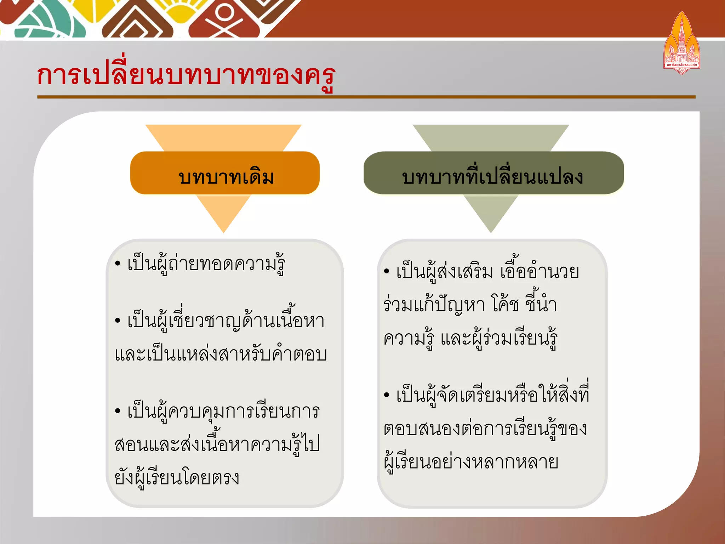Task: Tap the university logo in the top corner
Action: tap(681, 44)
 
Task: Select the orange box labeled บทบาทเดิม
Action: tap(225, 173)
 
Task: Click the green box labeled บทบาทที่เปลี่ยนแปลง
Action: tap(493, 173)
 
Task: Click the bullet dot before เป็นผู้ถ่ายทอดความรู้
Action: tap(118, 264)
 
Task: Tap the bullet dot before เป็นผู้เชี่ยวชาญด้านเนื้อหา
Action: tap(118, 321)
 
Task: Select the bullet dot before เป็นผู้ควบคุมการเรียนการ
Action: tap(118, 411)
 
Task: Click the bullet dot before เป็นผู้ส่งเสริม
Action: tap(387, 272)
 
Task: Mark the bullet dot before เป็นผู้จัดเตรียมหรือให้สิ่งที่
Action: tap(387, 395)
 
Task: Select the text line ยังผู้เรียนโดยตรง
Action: tap(177, 477)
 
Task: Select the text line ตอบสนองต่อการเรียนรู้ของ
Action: tap(485, 429)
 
